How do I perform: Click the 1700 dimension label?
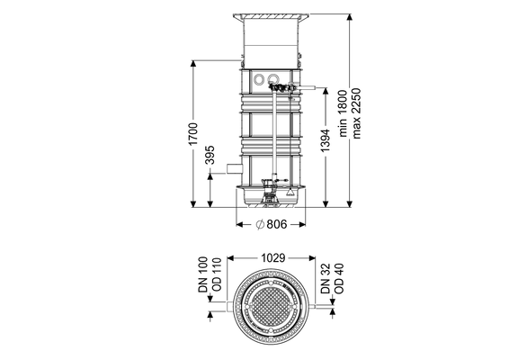[x=192, y=134]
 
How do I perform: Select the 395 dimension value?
[x=210, y=155]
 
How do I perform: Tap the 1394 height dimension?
[x=325, y=140]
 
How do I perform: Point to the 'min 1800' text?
[x=343, y=113]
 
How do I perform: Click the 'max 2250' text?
[x=356, y=113]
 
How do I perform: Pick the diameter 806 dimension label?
[x=272, y=224]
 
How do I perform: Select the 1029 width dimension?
[x=273, y=258]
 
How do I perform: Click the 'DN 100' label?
[x=203, y=274]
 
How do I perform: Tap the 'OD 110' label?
[x=216, y=274]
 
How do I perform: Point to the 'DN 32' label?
[x=325, y=278]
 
